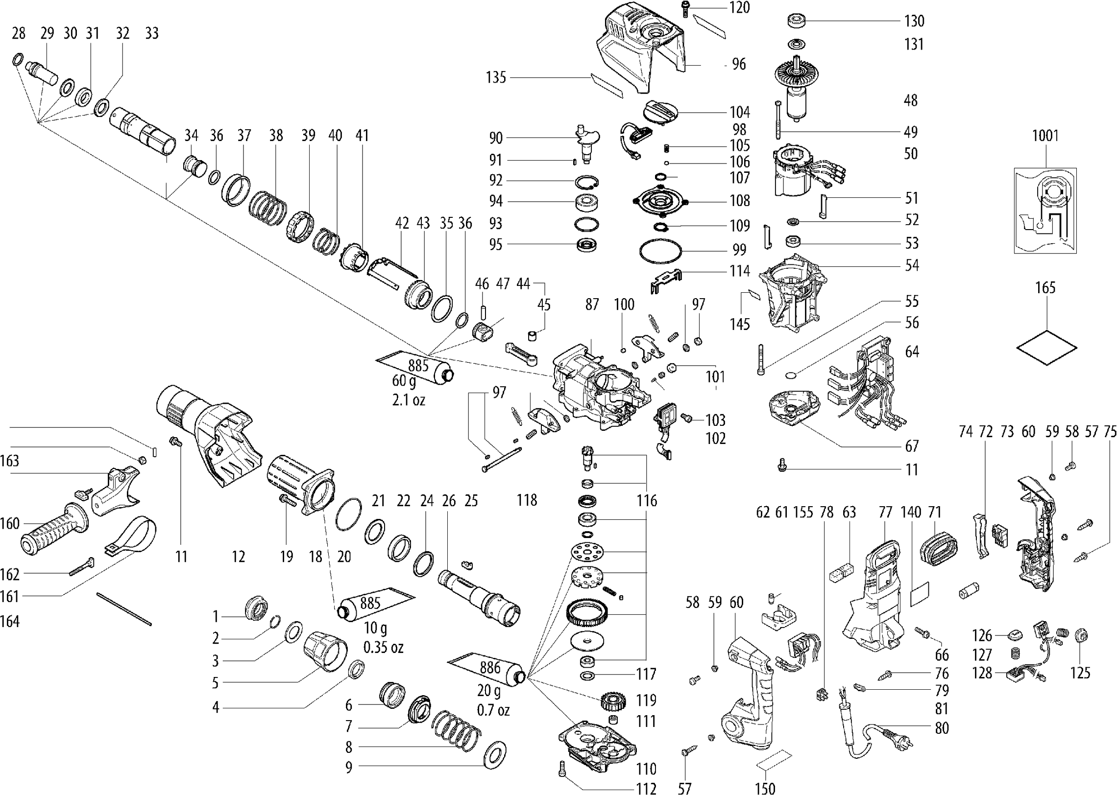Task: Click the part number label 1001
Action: tap(1045, 136)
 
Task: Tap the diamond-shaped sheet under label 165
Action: tap(1046, 347)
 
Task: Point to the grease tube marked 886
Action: tap(490, 669)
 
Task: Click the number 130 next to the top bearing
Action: tap(914, 21)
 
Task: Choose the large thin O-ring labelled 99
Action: tap(660, 252)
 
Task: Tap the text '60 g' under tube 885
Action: tap(404, 380)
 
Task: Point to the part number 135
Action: tap(495, 77)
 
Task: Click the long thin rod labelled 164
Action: tap(124, 609)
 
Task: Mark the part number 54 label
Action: tap(912, 266)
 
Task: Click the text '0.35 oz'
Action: tap(383, 648)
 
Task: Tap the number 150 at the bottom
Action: tap(765, 788)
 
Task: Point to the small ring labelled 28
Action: tap(17, 60)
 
